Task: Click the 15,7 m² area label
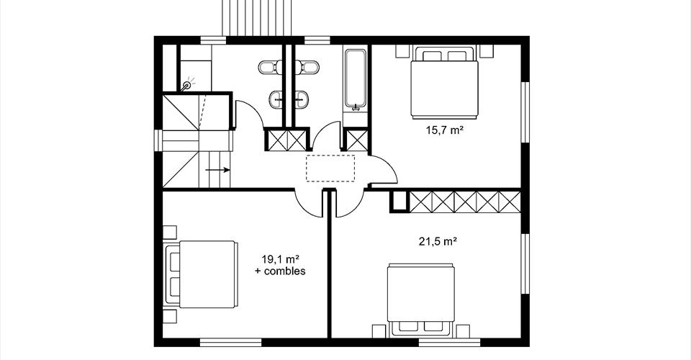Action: pos(444,130)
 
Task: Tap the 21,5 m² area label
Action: pos(437,241)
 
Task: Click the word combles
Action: pos(285,271)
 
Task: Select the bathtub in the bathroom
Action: pos(355,79)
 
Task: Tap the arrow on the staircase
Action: pos(217,170)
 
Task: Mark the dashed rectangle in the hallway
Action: pos(330,168)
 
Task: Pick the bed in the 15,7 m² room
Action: pos(444,83)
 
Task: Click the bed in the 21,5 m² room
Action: pos(421,298)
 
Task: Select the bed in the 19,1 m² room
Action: pos(201,274)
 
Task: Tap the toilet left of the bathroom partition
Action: pos(268,68)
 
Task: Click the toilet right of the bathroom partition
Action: pos(309,68)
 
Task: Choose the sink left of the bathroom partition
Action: pos(276,99)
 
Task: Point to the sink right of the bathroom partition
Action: pos(302,99)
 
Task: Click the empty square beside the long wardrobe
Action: pos(400,201)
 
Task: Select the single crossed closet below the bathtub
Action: pos(355,139)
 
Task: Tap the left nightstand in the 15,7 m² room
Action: pos(402,50)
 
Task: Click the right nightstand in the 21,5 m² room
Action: pos(463,331)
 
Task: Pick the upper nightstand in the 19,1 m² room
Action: pos(170,233)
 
